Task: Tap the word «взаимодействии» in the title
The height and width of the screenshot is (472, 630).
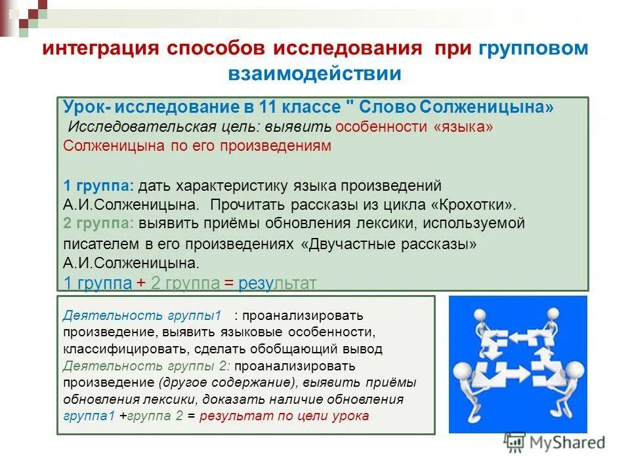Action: click(x=314, y=73)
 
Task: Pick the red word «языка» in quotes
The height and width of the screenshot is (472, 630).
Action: click(x=463, y=127)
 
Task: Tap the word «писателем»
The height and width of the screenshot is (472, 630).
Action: click(x=97, y=244)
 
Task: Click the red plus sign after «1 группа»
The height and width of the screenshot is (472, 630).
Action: click(x=140, y=283)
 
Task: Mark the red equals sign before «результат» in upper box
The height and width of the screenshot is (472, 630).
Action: click(x=228, y=283)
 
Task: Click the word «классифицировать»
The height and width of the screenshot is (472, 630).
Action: click(x=116, y=349)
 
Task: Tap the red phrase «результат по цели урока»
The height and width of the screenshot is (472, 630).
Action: click(x=284, y=416)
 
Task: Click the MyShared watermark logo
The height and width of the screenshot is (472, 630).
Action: click(x=555, y=442)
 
